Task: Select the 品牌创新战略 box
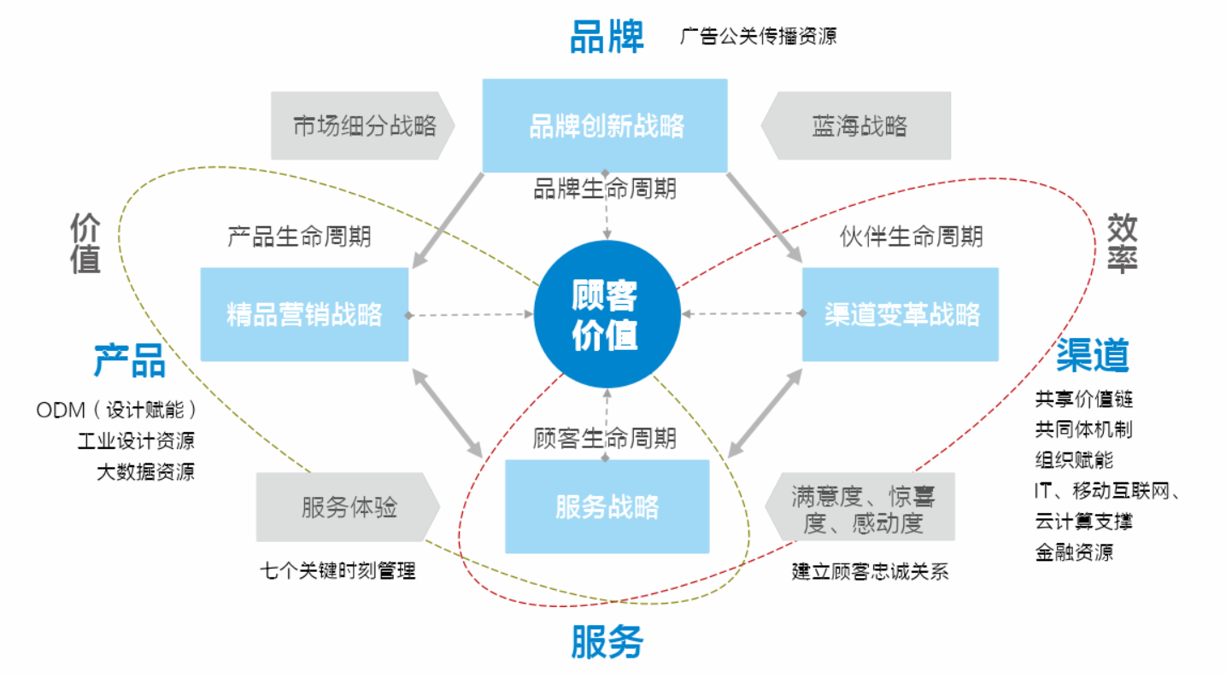point(605,126)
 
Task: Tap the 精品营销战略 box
point(304,314)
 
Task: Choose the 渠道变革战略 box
point(900,314)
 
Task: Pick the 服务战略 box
point(607,507)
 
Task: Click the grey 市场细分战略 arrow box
point(363,126)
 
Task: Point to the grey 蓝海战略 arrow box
point(857,126)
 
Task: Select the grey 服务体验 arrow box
point(349,507)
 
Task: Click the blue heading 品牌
point(607,38)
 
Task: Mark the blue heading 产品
point(129,361)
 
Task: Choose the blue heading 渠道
point(1093,354)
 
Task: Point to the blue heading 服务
point(607,642)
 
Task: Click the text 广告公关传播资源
point(758,37)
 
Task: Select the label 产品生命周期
point(299,236)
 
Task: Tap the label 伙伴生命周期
point(911,236)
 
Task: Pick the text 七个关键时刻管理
point(338,570)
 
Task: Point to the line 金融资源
point(1074,552)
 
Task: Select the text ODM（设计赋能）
point(117,410)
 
